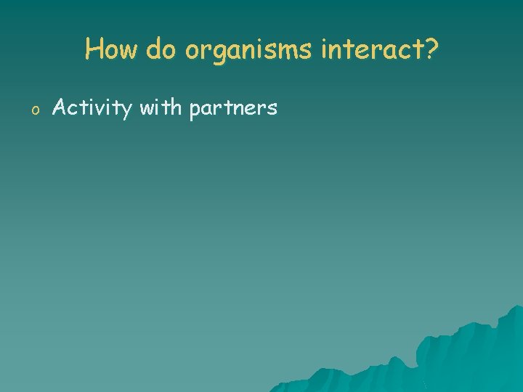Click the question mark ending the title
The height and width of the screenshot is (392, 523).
tap(431, 50)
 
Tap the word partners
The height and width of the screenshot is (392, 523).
tap(232, 110)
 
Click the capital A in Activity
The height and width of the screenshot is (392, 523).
tap(60, 108)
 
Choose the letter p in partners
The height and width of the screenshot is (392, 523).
tap(194, 111)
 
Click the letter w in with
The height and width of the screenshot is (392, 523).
tap(147, 110)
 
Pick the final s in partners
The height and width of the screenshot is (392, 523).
tap(272, 110)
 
